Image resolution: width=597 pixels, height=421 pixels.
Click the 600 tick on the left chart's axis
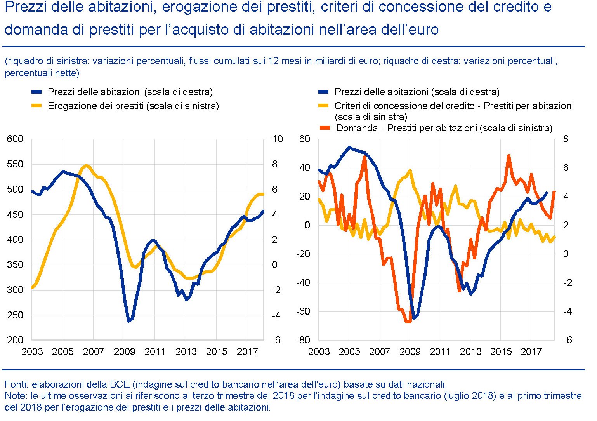pos(15,139)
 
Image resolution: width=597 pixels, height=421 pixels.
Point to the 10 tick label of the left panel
pos(277,139)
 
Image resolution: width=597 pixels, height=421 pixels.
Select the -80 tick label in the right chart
pos(303,340)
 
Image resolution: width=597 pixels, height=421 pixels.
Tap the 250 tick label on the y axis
pos(15,315)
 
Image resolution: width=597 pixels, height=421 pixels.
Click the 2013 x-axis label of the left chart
pos(186,352)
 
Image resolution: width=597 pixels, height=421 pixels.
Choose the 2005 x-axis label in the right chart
pos(349,352)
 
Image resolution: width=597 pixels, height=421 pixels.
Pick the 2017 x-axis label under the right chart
pos(531,352)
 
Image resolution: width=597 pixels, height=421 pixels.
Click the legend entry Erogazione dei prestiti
pos(133,106)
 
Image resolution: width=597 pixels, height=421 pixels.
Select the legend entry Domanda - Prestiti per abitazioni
pos(444,128)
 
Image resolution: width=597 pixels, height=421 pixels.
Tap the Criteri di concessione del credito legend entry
pos(454,106)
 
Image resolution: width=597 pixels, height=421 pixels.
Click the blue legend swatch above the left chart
pos(36,92)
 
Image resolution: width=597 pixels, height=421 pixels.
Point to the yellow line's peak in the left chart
pos(86,165)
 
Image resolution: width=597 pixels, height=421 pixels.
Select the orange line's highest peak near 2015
pos(508,155)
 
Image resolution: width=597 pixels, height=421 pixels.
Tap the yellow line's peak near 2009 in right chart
pos(410,170)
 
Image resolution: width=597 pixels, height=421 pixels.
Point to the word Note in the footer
pos(14,396)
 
